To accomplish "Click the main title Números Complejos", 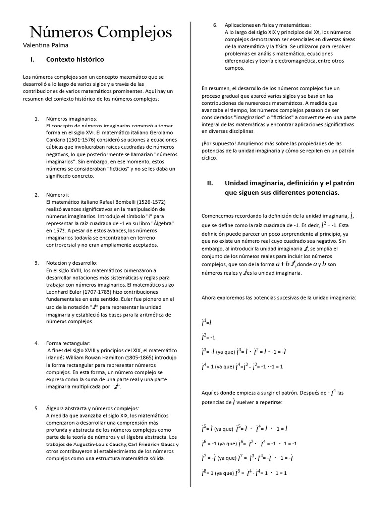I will [x=101, y=33].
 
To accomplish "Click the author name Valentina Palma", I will [x=46, y=45].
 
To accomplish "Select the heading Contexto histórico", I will [x=75, y=60].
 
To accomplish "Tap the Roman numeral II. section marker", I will [x=210, y=183].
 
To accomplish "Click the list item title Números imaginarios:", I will [x=71, y=119].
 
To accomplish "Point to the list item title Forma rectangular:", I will [x=68, y=343].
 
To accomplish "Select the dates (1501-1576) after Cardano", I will [x=81, y=140].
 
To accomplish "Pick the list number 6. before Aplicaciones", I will [x=215, y=25].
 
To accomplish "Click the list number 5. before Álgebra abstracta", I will [x=37, y=408].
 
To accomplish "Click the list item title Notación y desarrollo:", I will [x=72, y=262].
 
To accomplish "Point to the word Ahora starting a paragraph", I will [x=210, y=298].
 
